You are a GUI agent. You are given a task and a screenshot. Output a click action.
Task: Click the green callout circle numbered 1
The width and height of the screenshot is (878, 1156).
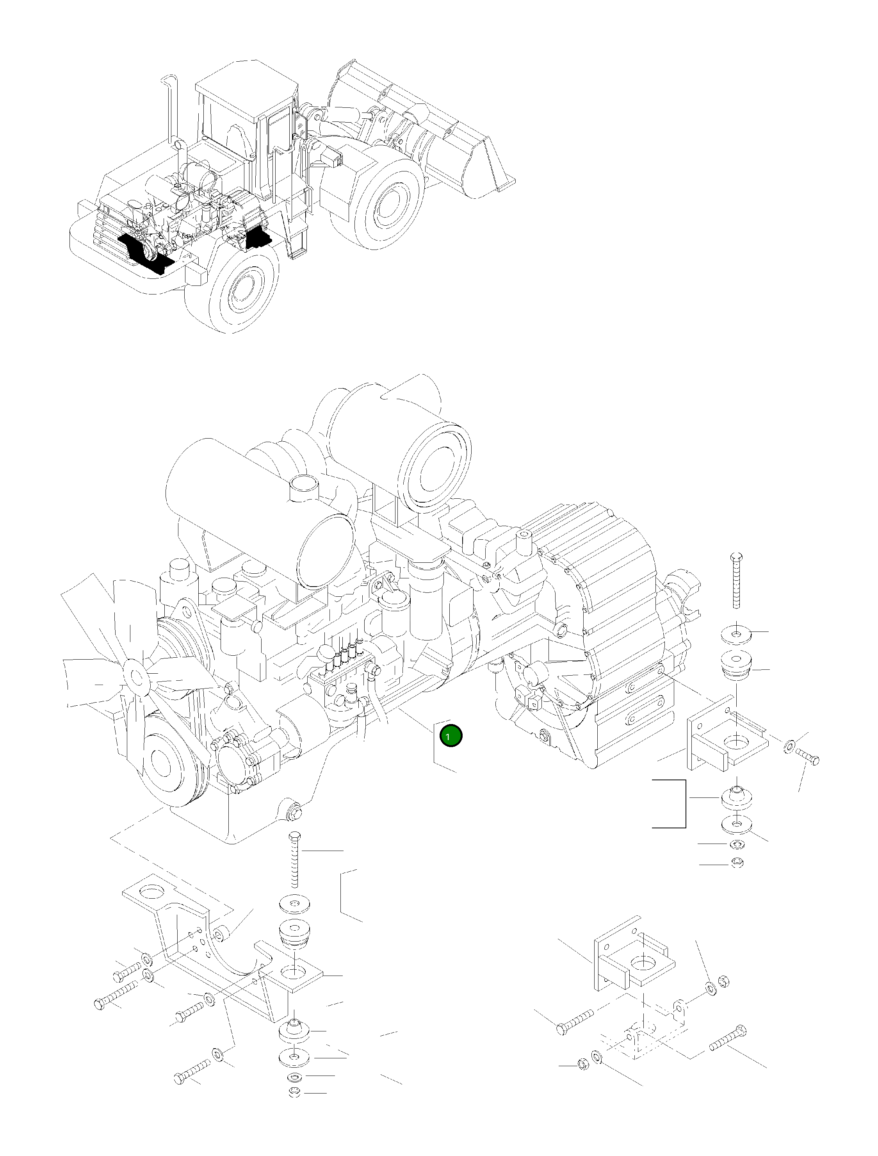pos(451,736)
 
